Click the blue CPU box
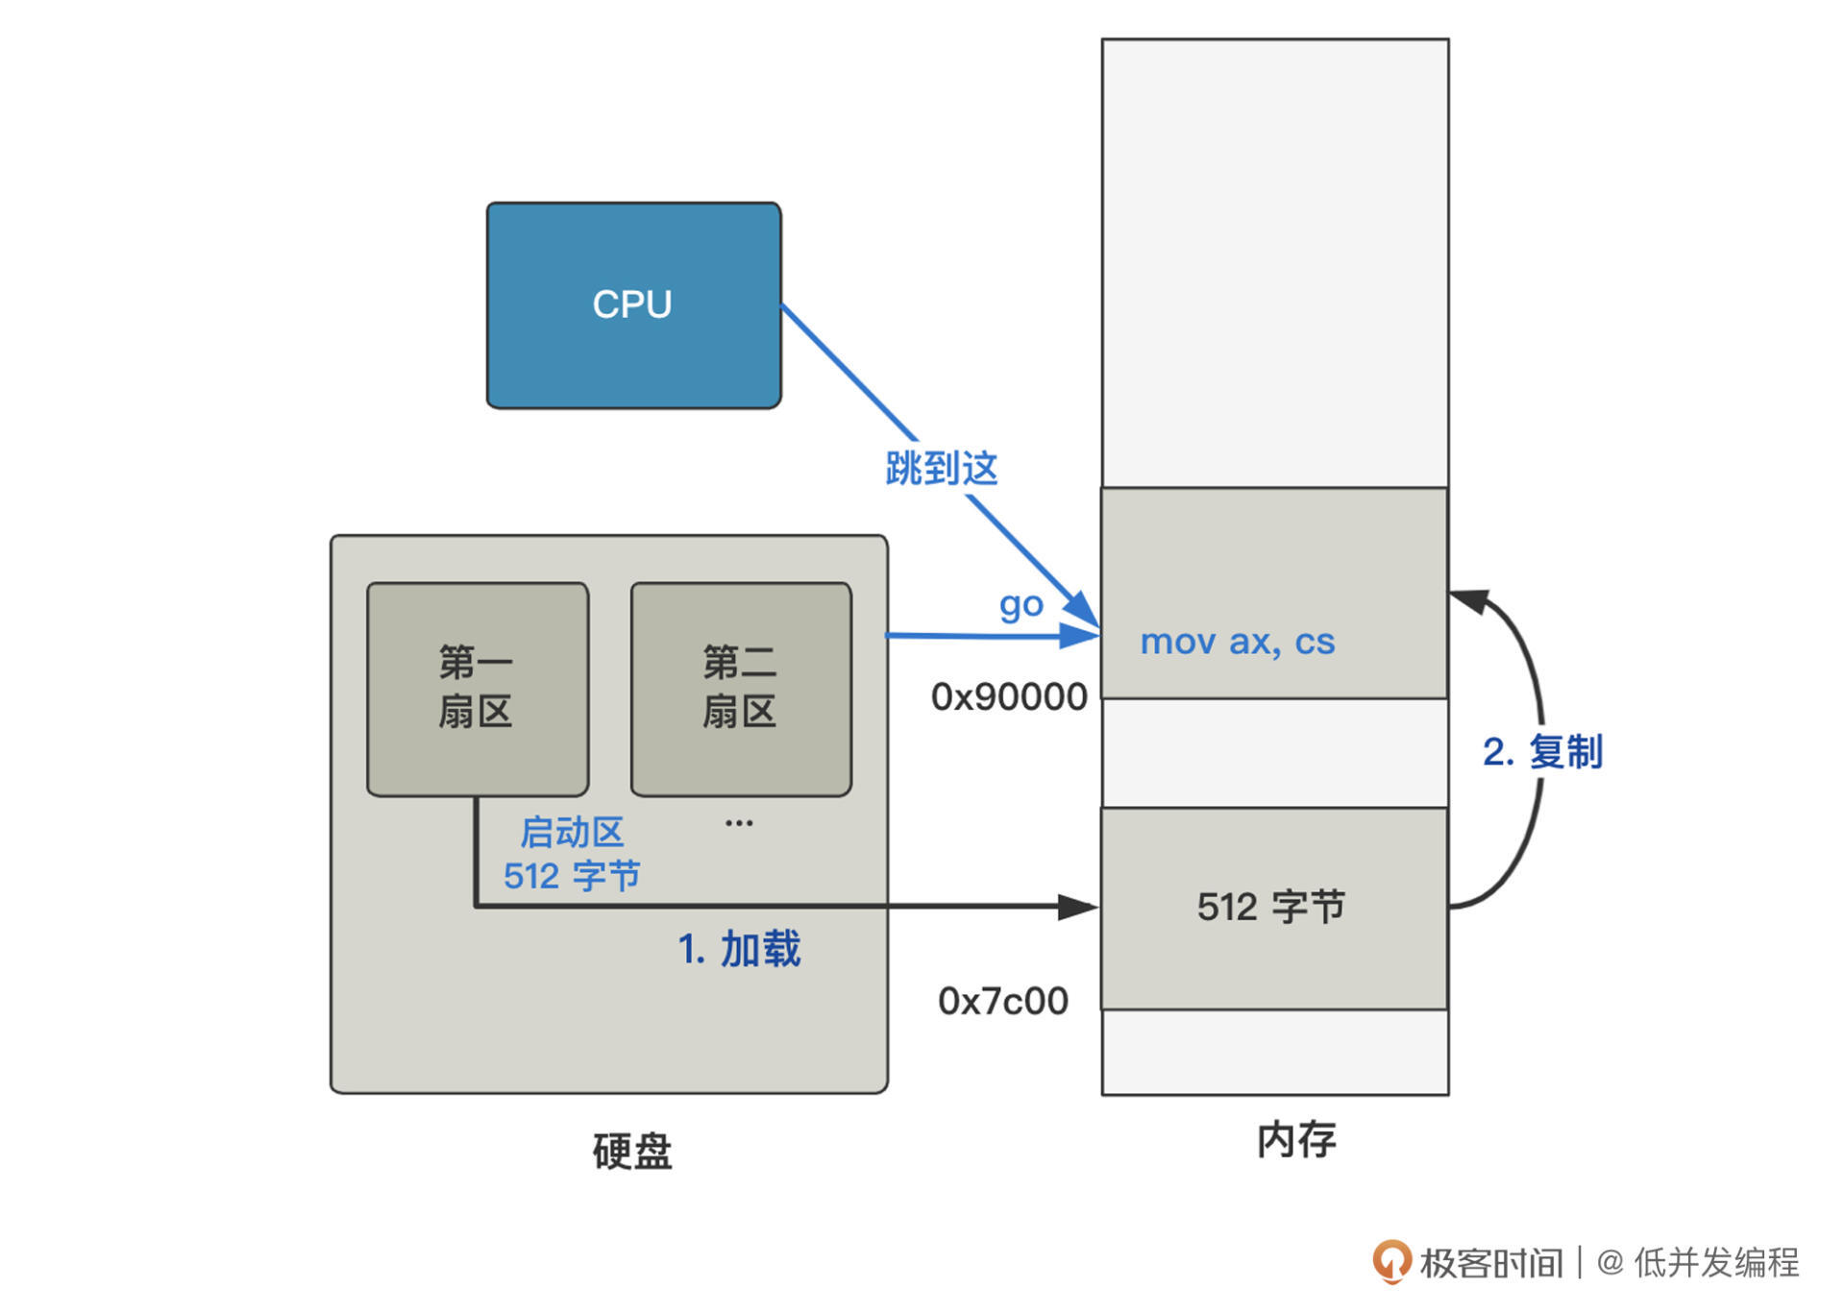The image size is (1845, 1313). pyautogui.click(x=633, y=304)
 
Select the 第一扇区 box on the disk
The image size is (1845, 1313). pyautogui.click(x=477, y=688)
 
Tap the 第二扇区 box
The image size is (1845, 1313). pyautogui.click(x=740, y=688)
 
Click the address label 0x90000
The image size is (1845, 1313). pyautogui.click(x=1008, y=697)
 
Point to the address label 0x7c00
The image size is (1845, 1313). pyautogui.click(x=1002, y=1001)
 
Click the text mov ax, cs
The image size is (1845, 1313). pyautogui.click(x=1237, y=642)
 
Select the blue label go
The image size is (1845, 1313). pyautogui.click(x=1021, y=605)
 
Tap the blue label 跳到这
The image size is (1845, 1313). pyautogui.click(x=941, y=469)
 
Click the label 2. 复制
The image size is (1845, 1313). pyautogui.click(x=1542, y=751)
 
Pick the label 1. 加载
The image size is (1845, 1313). pyautogui.click(x=739, y=949)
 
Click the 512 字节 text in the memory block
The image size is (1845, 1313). pyautogui.click(x=1270, y=907)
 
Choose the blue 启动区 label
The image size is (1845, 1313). pyautogui.click(x=572, y=832)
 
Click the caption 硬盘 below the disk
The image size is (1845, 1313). pyautogui.click(x=632, y=1151)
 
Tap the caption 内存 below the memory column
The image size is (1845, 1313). pyautogui.click(x=1296, y=1140)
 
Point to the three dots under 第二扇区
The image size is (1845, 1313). pyautogui.click(x=739, y=823)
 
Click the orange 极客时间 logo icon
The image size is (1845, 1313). pyautogui.click(x=1390, y=1261)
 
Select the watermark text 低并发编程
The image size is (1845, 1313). pyautogui.click(x=1716, y=1262)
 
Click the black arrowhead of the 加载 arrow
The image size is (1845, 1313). pyautogui.click(x=1078, y=907)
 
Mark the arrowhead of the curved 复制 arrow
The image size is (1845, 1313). pyautogui.click(x=1467, y=600)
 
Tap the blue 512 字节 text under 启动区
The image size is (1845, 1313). pyautogui.click(x=572, y=876)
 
